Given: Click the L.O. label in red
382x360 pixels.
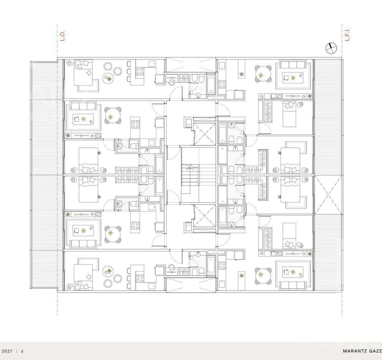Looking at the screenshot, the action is point(63,36).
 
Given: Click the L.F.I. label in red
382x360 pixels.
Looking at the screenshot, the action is point(348,35).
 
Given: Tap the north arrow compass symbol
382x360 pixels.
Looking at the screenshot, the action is point(331,48).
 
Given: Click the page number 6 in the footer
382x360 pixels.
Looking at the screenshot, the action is point(22,351).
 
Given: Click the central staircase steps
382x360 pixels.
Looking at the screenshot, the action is point(190,175).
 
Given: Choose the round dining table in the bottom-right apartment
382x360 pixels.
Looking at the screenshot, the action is point(263,276).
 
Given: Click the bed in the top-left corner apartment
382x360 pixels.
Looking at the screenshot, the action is point(83,72).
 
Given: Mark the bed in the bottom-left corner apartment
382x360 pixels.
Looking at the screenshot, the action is point(83,277).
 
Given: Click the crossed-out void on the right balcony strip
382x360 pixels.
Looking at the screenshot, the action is point(328,194).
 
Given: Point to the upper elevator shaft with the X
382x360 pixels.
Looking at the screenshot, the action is point(205,134).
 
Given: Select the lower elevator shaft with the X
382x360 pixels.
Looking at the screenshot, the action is point(205,216).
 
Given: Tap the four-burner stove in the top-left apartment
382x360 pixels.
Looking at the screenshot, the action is point(140,72).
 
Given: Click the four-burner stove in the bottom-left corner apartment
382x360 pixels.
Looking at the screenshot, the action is point(140,278).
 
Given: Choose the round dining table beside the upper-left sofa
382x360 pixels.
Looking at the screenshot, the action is point(113,115).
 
